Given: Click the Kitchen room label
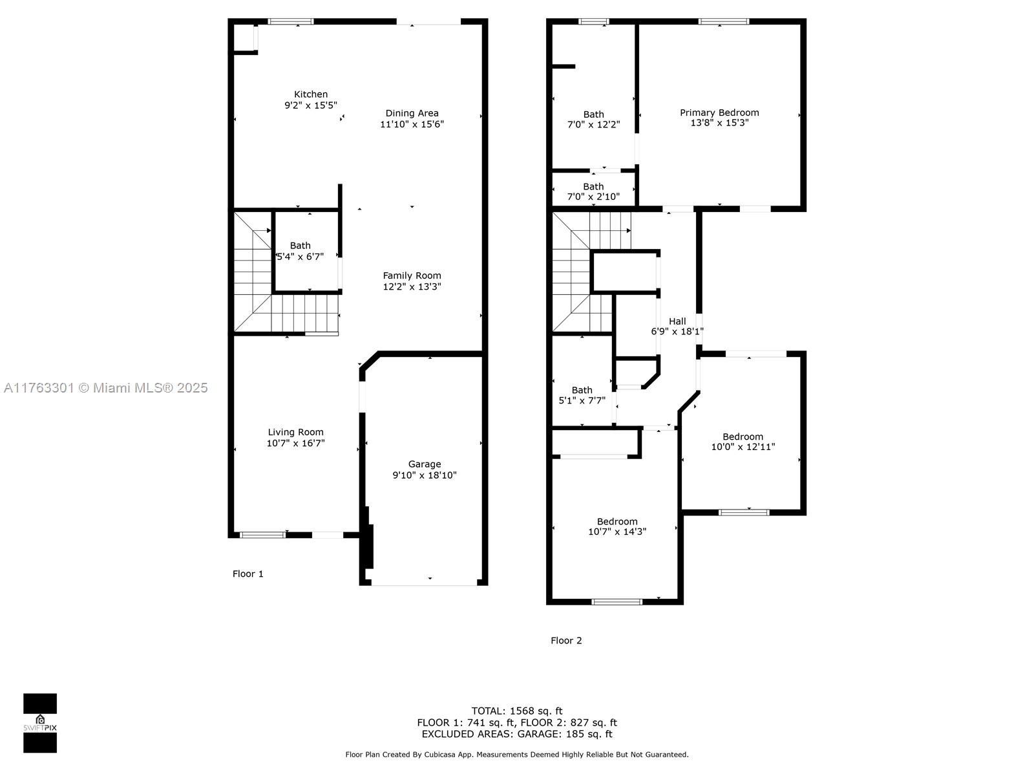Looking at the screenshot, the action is pyautogui.click(x=310, y=94).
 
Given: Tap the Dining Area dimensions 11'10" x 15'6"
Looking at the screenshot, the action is pyautogui.click(x=412, y=124).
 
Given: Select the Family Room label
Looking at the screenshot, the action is pyautogui.click(x=412, y=275).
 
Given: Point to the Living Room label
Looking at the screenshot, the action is pyautogui.click(x=295, y=432).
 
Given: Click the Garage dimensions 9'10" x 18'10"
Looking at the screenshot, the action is pyautogui.click(x=425, y=475).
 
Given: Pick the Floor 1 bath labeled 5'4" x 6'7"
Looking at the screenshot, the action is pyautogui.click(x=300, y=251).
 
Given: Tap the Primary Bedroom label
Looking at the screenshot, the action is pyautogui.click(x=719, y=113).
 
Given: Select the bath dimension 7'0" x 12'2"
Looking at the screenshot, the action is pyautogui.click(x=593, y=124).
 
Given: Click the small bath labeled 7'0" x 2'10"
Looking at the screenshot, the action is pyautogui.click(x=593, y=191).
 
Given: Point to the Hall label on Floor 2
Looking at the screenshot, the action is pyautogui.click(x=677, y=321).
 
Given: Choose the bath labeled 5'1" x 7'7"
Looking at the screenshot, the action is pyautogui.click(x=582, y=395).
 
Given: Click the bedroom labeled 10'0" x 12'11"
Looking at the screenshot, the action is pyautogui.click(x=743, y=442).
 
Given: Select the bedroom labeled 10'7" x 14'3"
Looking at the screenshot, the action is pyautogui.click(x=617, y=526).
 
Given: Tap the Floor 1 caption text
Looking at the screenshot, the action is pyautogui.click(x=248, y=574).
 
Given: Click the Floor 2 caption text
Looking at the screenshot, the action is pyautogui.click(x=566, y=640).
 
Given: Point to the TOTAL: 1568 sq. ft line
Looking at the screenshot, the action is pyautogui.click(x=517, y=711).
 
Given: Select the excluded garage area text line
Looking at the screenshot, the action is pyautogui.click(x=517, y=733).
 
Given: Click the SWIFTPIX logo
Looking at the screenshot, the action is pyautogui.click(x=40, y=723).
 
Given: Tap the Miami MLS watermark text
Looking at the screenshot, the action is pyautogui.click(x=105, y=388).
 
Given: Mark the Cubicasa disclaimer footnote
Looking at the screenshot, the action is pyautogui.click(x=517, y=754).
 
